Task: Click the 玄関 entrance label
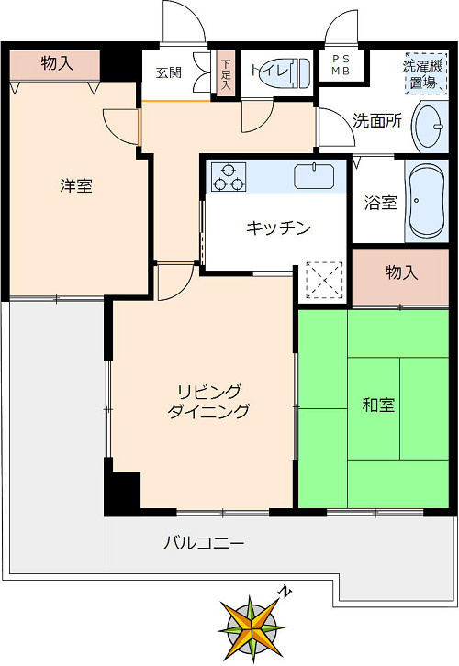click(168, 72)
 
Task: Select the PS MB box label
click(341, 66)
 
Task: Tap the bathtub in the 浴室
click(426, 200)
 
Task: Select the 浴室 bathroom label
click(380, 202)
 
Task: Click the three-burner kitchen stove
click(229, 176)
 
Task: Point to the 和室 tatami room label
click(378, 405)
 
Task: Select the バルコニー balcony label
click(204, 543)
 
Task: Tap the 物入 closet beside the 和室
click(401, 274)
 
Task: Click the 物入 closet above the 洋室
click(56, 63)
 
